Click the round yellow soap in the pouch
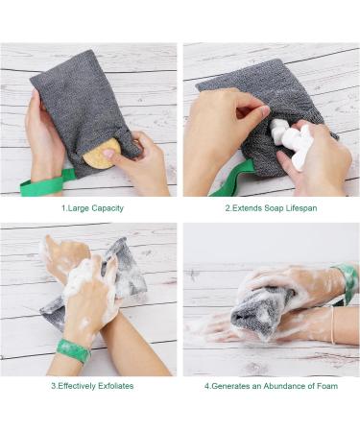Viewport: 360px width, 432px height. [x=100, y=151]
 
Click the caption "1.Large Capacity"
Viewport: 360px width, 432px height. [x=92, y=207]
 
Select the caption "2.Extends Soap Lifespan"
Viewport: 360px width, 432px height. [x=271, y=207]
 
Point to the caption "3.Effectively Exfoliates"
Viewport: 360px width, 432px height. [x=92, y=386]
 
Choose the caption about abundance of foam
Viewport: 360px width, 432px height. [x=272, y=386]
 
